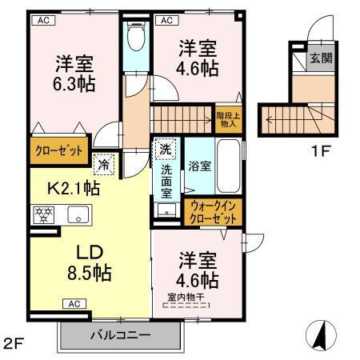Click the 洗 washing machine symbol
(x=164, y=150)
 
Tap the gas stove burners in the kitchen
(x=42, y=215)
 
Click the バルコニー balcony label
(x=119, y=334)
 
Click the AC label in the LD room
(x=73, y=304)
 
